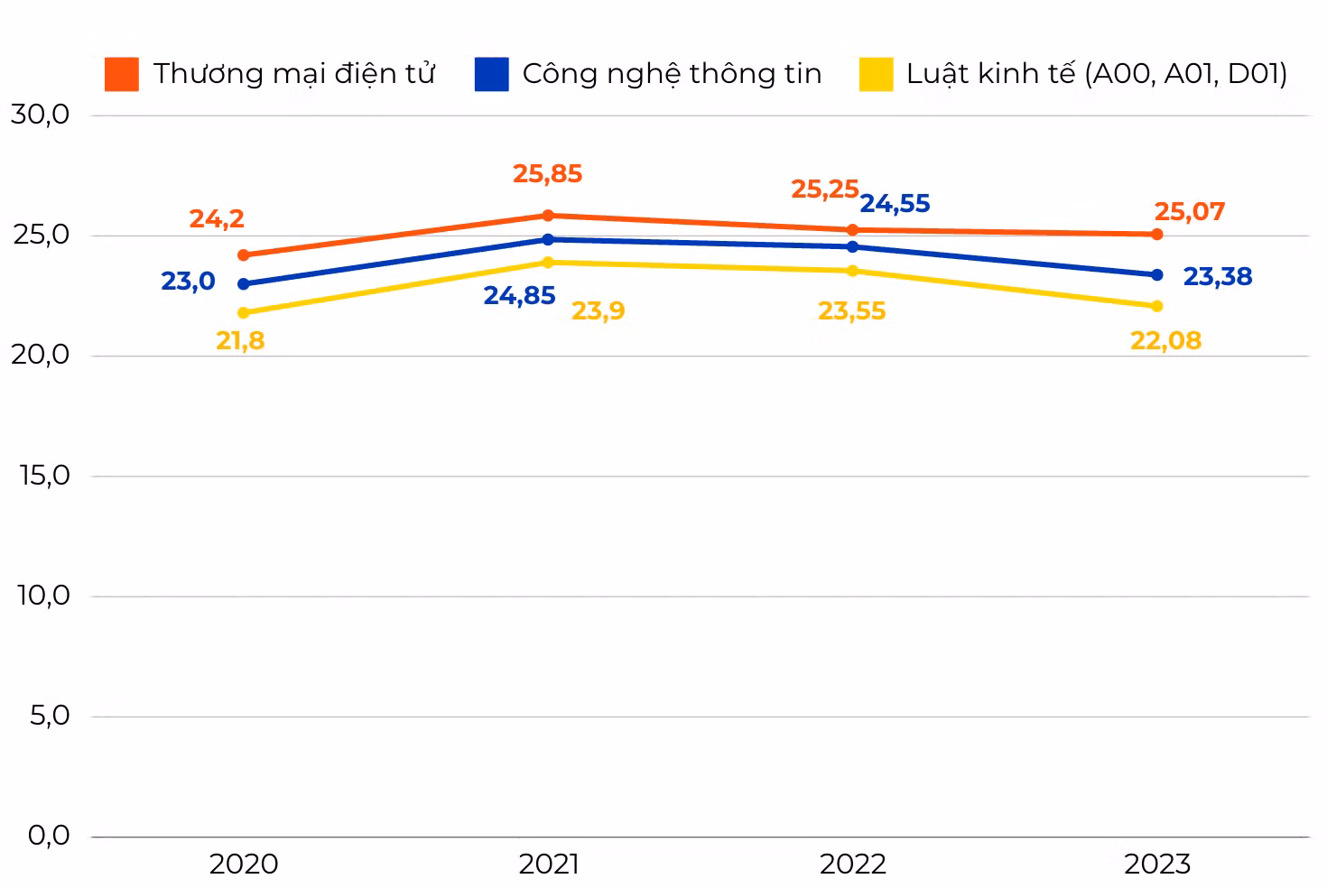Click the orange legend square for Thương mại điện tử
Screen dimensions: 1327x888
point(122,74)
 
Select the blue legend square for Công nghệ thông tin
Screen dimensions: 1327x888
point(492,74)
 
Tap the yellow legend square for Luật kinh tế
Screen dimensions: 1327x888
point(877,74)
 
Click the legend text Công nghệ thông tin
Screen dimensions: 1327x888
point(672,74)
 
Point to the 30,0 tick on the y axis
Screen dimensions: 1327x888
point(41,114)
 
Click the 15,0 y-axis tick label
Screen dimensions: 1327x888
point(44,475)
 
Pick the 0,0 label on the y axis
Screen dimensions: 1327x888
point(49,836)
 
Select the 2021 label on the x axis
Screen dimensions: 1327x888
point(549,865)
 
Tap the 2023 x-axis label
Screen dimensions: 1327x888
point(1157,865)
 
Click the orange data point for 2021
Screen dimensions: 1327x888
point(548,215)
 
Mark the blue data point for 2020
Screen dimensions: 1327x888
point(244,283)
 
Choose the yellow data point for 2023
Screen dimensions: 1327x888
point(1157,306)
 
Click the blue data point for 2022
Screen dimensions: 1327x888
point(852,246)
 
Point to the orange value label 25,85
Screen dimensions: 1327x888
point(547,174)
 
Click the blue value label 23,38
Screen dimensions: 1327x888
point(1218,277)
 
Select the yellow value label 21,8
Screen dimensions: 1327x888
point(240,340)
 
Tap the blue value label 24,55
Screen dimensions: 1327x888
point(895,204)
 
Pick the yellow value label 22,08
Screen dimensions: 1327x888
point(1166,340)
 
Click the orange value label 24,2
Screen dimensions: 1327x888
point(217,219)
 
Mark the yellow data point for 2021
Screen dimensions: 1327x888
point(548,262)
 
